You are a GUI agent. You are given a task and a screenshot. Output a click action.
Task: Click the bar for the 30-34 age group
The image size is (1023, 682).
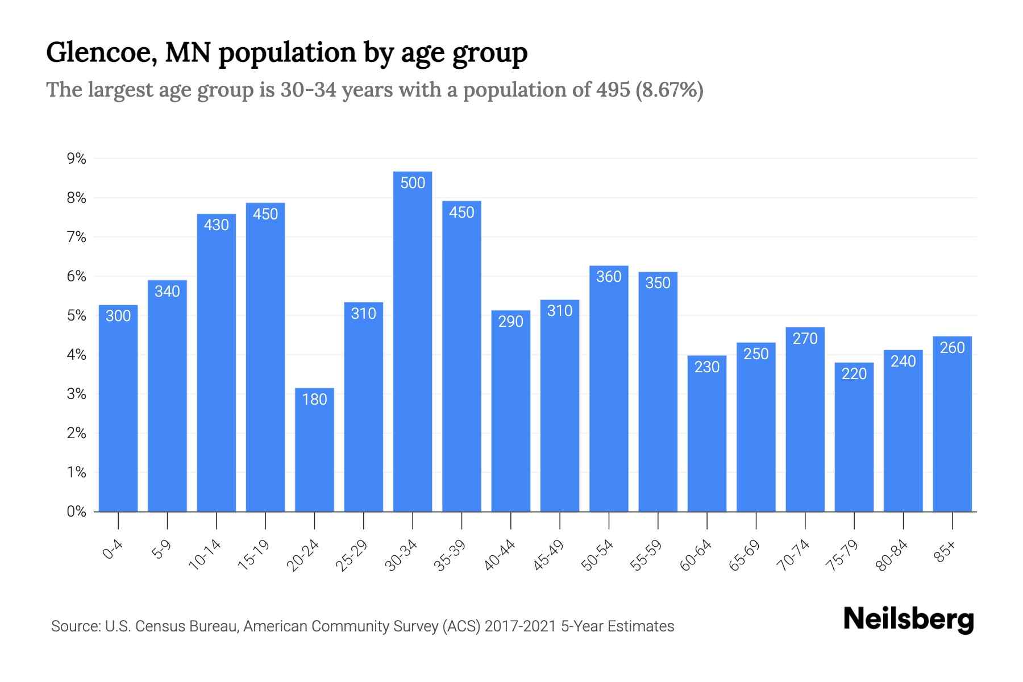[x=413, y=341]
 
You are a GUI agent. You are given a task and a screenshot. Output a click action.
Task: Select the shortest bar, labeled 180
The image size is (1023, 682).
[x=314, y=449]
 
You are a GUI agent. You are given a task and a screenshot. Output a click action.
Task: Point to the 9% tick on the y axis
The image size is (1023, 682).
[x=76, y=159]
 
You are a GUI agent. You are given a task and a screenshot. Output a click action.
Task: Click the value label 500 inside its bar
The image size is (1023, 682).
[x=413, y=183]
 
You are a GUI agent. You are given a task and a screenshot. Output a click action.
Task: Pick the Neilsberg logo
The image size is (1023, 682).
[x=908, y=619]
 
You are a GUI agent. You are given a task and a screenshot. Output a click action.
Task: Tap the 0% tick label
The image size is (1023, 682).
[x=76, y=511]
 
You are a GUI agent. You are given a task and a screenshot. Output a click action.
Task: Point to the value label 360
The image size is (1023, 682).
[x=609, y=277]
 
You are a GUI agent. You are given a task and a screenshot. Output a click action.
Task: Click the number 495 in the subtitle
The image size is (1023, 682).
[x=613, y=90]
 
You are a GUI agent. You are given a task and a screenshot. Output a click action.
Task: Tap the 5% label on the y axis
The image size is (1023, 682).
[x=76, y=315]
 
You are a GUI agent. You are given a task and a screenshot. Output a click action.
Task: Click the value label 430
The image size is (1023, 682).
[x=217, y=225]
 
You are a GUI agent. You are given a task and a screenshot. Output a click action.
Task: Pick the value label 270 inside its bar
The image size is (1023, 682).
[x=805, y=339]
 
